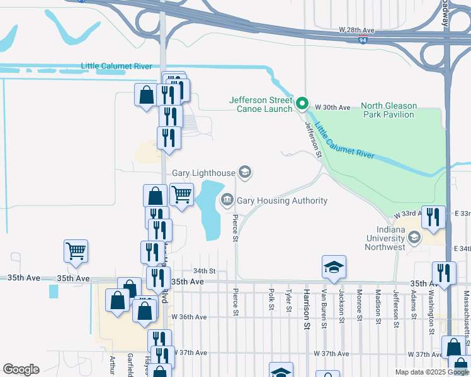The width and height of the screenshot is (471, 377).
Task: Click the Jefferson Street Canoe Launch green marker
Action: pos(302,104)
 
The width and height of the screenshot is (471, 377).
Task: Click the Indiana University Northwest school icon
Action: pos(414,238)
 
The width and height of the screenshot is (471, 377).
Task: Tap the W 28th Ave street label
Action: pos(356,30)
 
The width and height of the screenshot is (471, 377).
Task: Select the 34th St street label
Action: pos(205,271)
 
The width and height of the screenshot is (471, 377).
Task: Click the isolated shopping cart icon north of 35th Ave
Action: pos(76,251)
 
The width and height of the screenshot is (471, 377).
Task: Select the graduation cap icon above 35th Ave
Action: pos(334,267)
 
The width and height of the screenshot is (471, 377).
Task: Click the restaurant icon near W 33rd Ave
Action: pos(433,217)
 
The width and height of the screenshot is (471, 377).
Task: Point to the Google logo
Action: pos(21,369)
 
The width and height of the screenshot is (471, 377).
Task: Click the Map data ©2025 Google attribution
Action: pos(431,372)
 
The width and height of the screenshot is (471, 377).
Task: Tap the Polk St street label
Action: pos(271,300)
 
